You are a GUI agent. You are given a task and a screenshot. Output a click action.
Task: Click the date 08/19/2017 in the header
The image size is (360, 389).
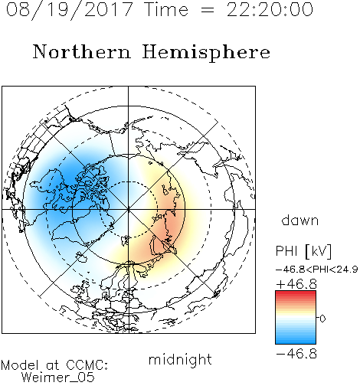[70, 10]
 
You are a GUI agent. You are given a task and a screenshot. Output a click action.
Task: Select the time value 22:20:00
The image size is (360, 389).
[270, 9]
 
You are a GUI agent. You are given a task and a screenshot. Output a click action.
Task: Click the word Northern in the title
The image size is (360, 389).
[82, 51]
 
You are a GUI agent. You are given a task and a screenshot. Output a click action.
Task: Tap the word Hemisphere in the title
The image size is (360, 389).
[206, 53]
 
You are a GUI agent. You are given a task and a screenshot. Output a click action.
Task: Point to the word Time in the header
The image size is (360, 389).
[166, 9]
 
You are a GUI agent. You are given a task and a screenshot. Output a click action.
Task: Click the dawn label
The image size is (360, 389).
[300, 221]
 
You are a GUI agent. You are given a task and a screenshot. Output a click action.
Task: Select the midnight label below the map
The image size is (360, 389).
[180, 359]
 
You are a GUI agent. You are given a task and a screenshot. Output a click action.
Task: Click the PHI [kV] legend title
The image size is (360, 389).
[303, 250]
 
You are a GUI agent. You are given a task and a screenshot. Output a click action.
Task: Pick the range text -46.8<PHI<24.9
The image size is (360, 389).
[317, 270]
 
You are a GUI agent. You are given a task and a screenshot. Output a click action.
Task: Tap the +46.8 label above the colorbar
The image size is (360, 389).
[296, 284]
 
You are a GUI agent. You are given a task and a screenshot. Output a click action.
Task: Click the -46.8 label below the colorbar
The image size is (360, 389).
[296, 354]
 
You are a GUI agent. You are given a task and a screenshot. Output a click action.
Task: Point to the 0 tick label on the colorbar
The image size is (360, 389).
[322, 319]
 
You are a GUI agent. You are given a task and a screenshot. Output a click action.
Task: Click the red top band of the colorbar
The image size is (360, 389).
[296, 294]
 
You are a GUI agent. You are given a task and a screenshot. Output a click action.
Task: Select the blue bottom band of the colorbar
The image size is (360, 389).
[296, 341]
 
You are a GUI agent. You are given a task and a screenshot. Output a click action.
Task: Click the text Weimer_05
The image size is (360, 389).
[58, 378]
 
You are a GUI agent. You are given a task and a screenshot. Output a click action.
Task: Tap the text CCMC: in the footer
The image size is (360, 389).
[87, 365]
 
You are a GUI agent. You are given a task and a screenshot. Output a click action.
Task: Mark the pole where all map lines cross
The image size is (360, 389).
[129, 209]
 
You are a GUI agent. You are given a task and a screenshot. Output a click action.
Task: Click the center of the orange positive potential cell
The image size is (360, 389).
[170, 220]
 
